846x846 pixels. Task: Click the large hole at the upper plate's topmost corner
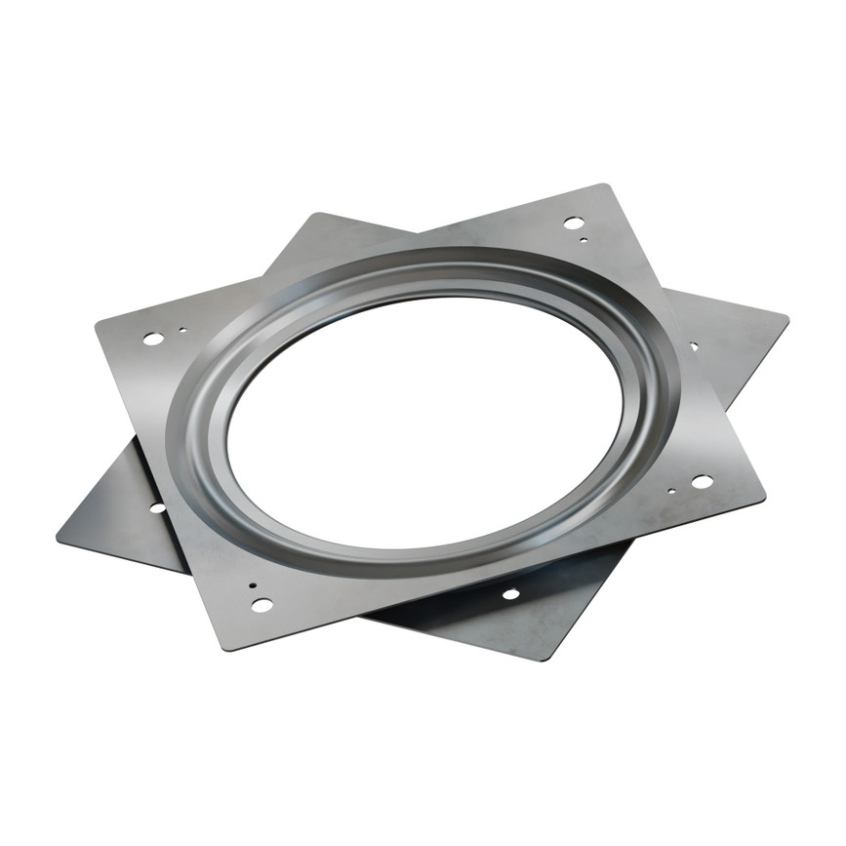(x=574, y=222)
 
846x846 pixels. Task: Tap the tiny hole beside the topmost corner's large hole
(x=583, y=239)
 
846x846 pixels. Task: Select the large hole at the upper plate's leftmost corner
(x=153, y=339)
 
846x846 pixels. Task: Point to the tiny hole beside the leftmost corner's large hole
(x=181, y=330)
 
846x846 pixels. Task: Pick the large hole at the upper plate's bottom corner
(x=262, y=605)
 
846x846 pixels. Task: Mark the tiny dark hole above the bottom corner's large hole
(x=253, y=585)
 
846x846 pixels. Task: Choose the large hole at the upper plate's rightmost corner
(x=701, y=481)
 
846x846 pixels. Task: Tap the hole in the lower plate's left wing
(x=156, y=507)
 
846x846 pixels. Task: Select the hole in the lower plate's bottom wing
(x=510, y=593)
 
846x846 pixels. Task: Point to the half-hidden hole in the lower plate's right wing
(x=694, y=345)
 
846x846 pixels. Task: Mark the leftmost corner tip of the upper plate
(x=96, y=322)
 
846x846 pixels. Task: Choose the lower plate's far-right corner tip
(x=787, y=316)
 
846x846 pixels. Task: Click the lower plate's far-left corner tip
(x=58, y=536)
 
